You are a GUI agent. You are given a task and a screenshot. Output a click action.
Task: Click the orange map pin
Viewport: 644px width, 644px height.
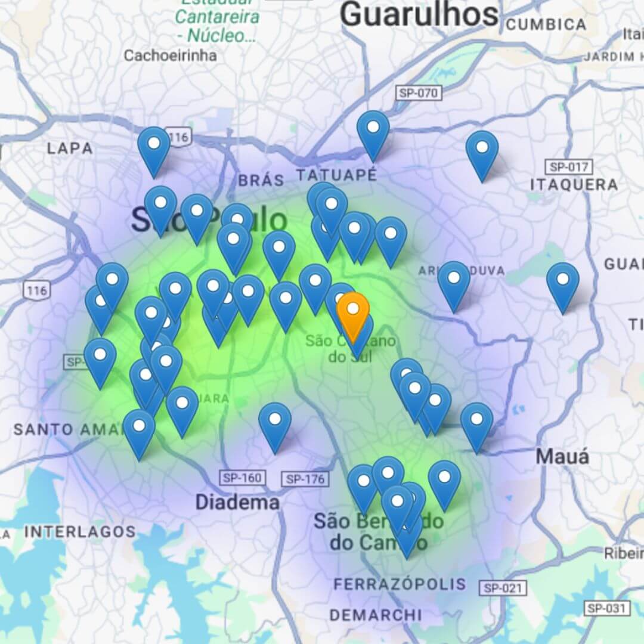pos(353,310)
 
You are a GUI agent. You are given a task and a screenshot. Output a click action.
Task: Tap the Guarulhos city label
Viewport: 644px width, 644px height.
pos(419,14)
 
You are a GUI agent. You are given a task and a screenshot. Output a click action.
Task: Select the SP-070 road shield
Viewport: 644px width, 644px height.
pos(419,93)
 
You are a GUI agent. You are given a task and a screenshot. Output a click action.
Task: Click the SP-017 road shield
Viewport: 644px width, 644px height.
pos(569,168)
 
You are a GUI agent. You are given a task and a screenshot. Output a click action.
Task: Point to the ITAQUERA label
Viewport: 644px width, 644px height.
pos(574,185)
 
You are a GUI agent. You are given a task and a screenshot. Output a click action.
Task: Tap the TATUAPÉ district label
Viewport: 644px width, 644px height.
pos(337,175)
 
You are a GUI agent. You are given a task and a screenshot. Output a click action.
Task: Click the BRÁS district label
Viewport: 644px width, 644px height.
pos(261,180)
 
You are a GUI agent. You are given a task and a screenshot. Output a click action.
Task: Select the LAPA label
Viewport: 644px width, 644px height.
pos(70,148)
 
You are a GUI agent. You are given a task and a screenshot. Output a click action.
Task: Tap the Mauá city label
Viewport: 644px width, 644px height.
pos(562,457)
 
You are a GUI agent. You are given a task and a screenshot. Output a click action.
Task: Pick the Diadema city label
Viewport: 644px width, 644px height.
pos(237,503)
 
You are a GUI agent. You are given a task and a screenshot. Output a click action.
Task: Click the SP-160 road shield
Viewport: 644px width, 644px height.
pos(242,478)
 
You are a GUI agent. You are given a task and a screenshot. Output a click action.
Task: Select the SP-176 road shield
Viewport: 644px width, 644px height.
pos(305,479)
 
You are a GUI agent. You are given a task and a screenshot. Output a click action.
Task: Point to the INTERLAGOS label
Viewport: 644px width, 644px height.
pos(80,532)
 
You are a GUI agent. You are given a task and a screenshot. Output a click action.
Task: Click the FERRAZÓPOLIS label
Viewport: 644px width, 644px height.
pos(400,584)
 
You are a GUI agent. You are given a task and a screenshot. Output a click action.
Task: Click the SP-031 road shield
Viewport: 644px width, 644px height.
pos(606,609)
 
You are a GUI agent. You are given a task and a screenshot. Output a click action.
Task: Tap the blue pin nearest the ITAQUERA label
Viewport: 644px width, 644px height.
pos(482,152)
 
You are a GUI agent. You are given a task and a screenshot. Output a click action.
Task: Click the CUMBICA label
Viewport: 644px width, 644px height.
pos(546,25)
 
